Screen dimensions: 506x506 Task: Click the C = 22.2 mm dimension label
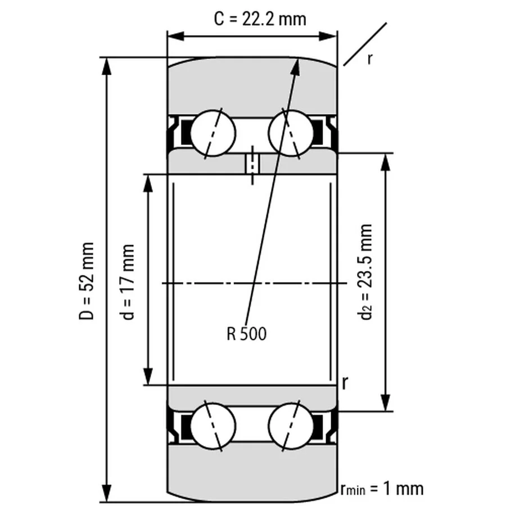tap(260, 19)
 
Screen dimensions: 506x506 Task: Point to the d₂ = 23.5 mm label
tap(366, 272)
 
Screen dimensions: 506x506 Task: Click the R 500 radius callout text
tap(246, 334)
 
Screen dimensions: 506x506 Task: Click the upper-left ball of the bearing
tap(213, 133)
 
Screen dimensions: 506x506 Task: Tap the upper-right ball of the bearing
tap(291, 133)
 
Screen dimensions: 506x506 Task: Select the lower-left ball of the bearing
tap(213, 426)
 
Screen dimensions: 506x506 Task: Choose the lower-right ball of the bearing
tap(291, 426)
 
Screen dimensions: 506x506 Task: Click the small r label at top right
tap(369, 58)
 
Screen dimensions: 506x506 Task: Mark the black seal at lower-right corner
tap(322, 426)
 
